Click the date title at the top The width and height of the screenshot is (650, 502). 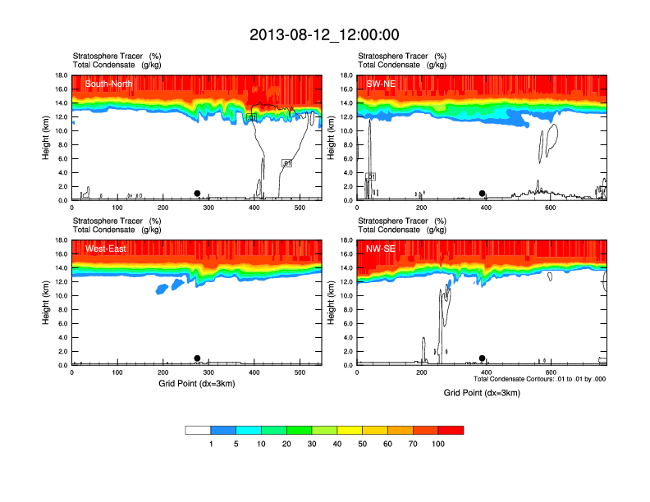click(x=324, y=34)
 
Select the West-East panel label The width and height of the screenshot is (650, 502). click(x=105, y=249)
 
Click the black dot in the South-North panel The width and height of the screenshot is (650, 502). click(x=197, y=194)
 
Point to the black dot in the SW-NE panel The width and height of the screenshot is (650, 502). click(x=483, y=194)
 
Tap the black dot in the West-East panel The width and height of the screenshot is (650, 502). click(x=197, y=358)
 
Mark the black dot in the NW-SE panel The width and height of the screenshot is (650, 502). click(x=483, y=358)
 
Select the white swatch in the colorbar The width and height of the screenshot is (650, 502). click(x=199, y=430)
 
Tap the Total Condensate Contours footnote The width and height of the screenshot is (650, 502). click(x=539, y=379)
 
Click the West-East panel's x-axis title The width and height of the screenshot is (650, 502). click(x=197, y=383)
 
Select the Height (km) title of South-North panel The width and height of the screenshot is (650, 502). click(x=47, y=138)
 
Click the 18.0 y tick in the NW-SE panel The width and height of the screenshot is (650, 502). click(x=346, y=240)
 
